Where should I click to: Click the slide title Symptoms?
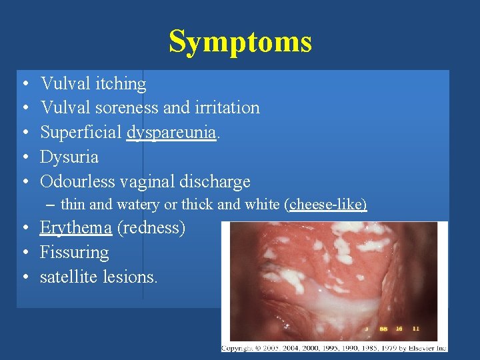240,41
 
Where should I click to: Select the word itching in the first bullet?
121,84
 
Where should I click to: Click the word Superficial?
81,133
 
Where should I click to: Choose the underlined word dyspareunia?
172,133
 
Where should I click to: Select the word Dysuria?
69,157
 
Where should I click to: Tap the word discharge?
217,181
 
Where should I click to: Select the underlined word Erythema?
75,228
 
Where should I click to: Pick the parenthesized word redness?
151,228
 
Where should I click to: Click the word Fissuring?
74,253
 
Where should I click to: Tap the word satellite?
67,277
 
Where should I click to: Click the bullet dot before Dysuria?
24,158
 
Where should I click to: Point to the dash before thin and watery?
53,205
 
